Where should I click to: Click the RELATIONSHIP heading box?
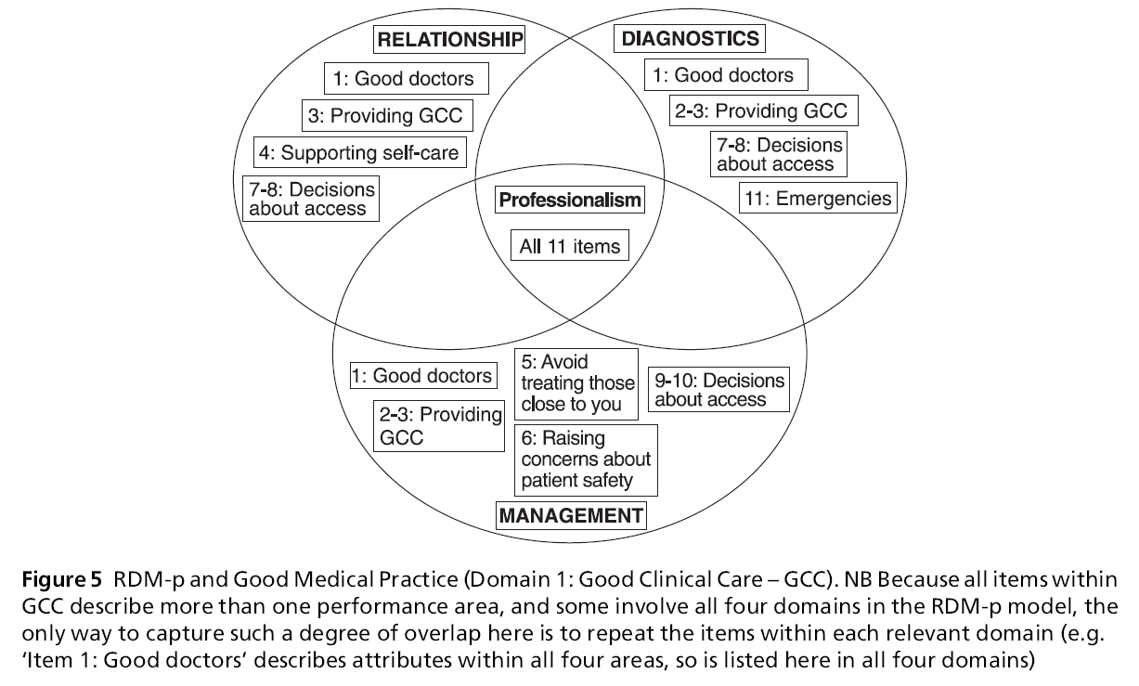(449, 40)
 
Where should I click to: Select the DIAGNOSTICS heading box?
(689, 38)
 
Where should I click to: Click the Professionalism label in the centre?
(570, 200)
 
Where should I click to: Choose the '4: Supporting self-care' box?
(359, 151)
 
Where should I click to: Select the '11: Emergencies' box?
(818, 198)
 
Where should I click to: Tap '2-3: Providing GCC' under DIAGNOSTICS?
(762, 111)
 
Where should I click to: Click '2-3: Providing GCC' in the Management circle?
(438, 425)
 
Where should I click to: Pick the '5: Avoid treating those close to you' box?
(576, 382)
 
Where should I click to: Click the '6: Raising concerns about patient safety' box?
(586, 459)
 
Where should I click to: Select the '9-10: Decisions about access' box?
(718, 390)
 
